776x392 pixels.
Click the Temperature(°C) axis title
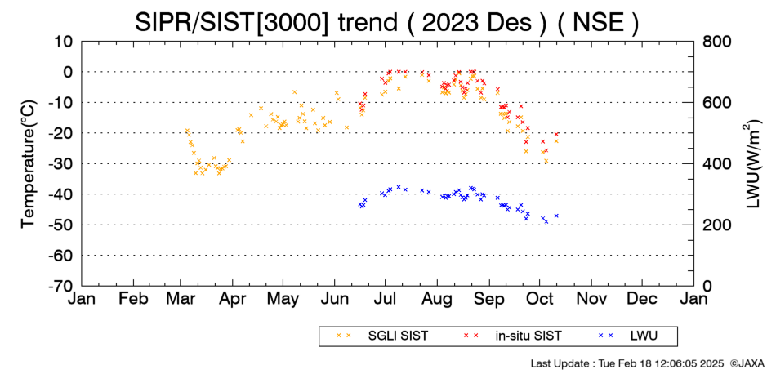pos(29,164)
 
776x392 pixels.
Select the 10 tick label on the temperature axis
pos(64,42)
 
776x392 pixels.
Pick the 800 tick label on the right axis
pos(717,42)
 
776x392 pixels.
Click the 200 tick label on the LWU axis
pos(717,225)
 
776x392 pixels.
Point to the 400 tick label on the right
pos(717,164)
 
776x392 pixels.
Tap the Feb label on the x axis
pos(134,299)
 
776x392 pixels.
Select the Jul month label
pos(385,299)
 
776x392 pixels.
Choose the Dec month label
pos(642,299)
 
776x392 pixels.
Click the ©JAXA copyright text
pos(747,363)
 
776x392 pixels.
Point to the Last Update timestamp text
pos(627,363)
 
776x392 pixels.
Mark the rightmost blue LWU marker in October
pos(556,216)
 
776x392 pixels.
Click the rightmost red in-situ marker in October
pos(556,134)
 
